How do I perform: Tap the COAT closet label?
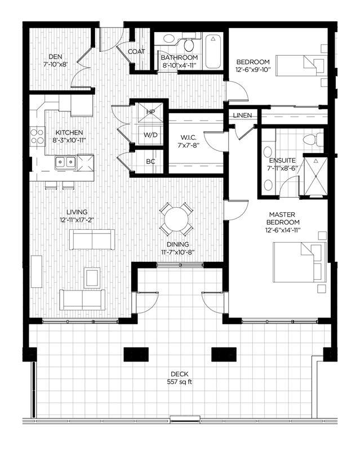(136, 51)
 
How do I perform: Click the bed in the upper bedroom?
(308, 66)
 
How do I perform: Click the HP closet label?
(150, 112)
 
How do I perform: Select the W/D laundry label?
(150, 135)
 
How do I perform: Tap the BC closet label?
(150, 161)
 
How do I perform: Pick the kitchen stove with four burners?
(37, 136)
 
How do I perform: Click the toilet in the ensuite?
(311, 139)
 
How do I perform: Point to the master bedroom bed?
(299, 259)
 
